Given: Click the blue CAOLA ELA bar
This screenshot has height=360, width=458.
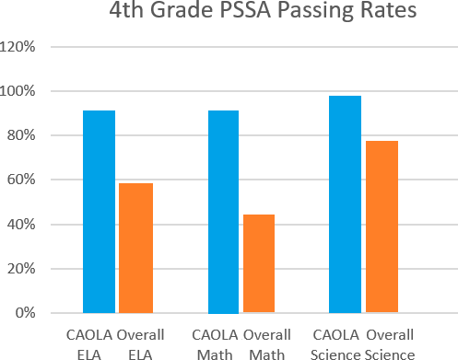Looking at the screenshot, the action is (99, 212).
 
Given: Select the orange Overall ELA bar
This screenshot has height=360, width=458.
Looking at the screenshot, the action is (135, 248).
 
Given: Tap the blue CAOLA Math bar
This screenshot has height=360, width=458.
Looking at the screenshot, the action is (223, 212).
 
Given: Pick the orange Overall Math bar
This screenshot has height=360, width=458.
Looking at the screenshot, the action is (259, 263).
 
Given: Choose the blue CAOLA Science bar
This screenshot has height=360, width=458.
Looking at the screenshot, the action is (345, 204).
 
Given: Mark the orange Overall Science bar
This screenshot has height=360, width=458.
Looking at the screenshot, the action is (382, 226).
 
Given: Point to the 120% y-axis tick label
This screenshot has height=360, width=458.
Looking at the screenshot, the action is (17, 47).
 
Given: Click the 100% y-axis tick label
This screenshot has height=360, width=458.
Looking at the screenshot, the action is (17, 91).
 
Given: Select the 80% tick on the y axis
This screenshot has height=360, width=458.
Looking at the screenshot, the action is (21, 135).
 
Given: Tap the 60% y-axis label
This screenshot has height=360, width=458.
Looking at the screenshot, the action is (21, 180).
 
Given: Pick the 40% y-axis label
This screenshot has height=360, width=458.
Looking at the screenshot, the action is (21, 225).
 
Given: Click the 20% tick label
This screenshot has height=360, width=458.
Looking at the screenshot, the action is (21, 269).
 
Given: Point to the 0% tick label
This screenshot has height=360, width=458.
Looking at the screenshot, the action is (25, 313).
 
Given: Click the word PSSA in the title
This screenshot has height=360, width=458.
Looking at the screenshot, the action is (245, 9).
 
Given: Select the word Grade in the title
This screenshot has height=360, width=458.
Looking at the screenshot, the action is (182, 9).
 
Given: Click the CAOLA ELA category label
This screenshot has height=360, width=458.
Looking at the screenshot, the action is (89, 344).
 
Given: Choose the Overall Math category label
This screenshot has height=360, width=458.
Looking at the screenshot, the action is (267, 344).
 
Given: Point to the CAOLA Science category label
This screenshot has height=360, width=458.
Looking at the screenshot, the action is (335, 344).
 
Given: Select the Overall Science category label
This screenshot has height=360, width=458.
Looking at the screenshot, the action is (390, 344).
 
